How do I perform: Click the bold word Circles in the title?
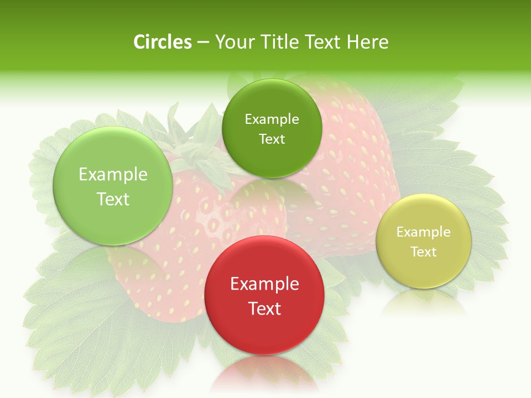pyautogui.click(x=163, y=42)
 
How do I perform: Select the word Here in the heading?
pyautogui.click(x=368, y=42)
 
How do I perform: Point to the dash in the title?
pyautogui.click(x=203, y=43)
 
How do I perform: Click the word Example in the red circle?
pyautogui.click(x=264, y=284)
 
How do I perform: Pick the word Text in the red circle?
pyautogui.click(x=264, y=308)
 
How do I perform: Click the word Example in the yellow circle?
pyautogui.click(x=423, y=232)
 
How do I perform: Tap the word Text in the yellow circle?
pyautogui.click(x=423, y=252)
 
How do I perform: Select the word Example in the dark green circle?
pyautogui.click(x=272, y=119)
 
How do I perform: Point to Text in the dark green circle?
pyautogui.click(x=272, y=139)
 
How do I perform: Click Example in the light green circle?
pyautogui.click(x=113, y=175)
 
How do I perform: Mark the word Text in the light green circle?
pyautogui.click(x=113, y=199)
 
